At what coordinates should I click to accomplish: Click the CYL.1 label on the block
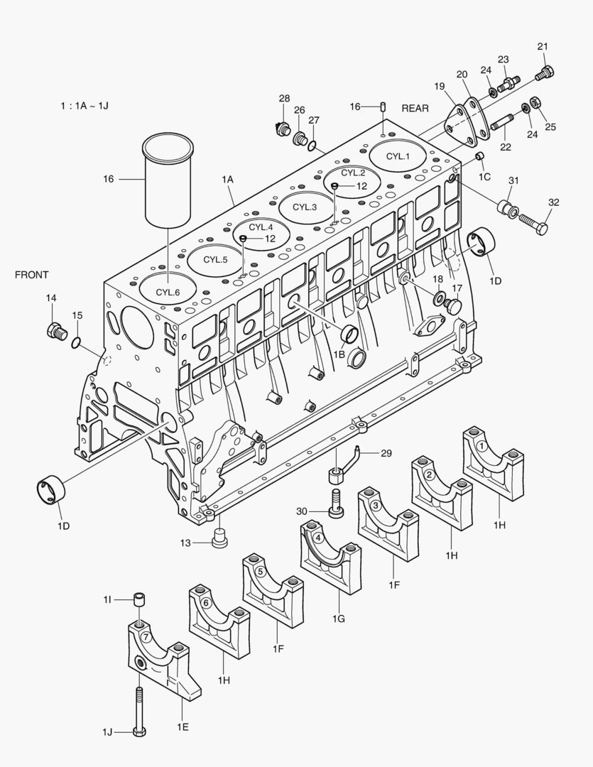398,156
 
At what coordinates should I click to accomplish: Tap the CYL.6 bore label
168,292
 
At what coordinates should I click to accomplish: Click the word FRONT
32,275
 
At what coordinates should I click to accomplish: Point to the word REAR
415,108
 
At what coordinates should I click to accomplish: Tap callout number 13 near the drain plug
185,543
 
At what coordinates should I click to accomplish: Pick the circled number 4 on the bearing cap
319,538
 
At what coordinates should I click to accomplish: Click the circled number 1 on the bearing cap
482,446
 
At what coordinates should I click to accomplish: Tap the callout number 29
386,452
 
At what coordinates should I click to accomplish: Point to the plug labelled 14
55,330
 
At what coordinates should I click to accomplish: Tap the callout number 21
543,47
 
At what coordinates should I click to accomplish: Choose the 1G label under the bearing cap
338,619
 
